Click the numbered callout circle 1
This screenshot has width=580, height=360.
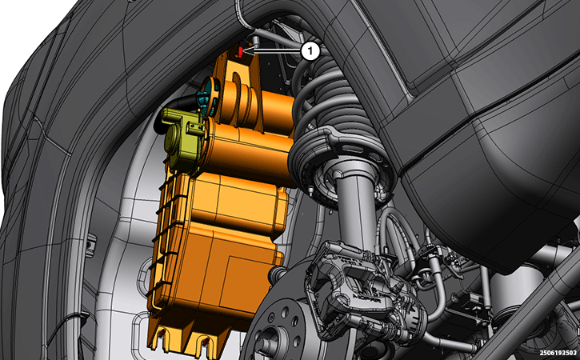pyautogui.click(x=310, y=51)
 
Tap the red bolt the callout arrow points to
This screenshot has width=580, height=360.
pyautogui.click(x=241, y=51)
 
